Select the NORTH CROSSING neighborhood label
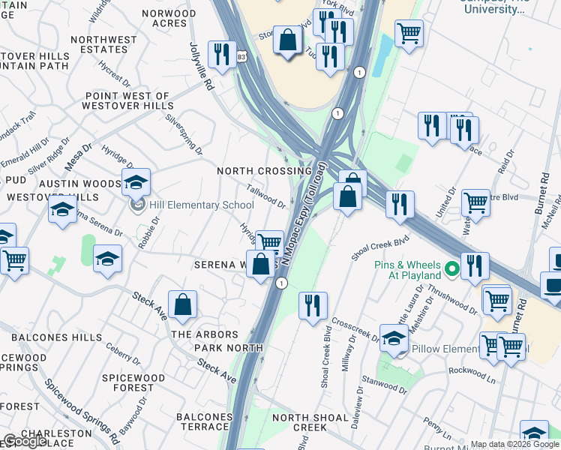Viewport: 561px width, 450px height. pyautogui.click(x=264, y=171)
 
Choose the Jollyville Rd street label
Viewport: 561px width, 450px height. pyautogui.click(x=202, y=67)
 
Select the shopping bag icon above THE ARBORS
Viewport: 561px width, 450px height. pyautogui.click(x=182, y=304)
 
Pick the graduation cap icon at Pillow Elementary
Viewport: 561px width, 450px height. pyautogui.click(x=394, y=338)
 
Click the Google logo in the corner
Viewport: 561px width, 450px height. pyautogui.click(x=25, y=441)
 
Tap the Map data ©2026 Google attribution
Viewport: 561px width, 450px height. pyautogui.click(x=514, y=444)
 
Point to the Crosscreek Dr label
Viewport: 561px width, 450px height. pyautogui.click(x=355, y=328)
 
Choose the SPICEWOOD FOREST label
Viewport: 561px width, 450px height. pyautogui.click(x=125, y=382)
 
